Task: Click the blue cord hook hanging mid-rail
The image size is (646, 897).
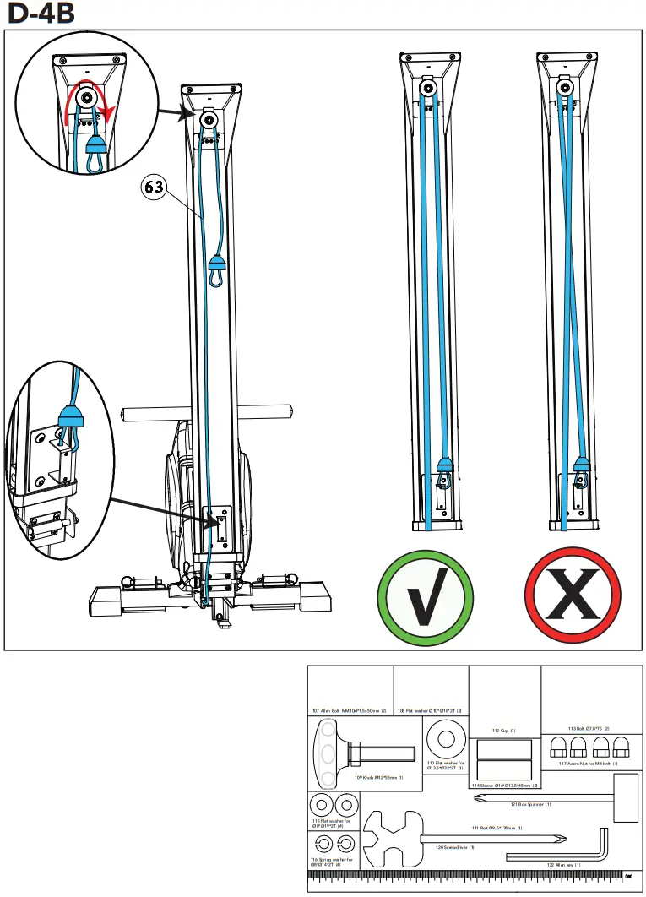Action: [x=216, y=271]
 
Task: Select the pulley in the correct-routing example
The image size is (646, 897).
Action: [x=428, y=89]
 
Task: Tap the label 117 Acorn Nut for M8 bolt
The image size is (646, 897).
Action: [x=588, y=764]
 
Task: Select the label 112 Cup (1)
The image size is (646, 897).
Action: [x=503, y=731]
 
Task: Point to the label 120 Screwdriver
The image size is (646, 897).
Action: [x=454, y=847]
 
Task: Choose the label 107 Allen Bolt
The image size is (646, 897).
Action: [x=350, y=711]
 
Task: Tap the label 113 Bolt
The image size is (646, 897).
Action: [x=589, y=728]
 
